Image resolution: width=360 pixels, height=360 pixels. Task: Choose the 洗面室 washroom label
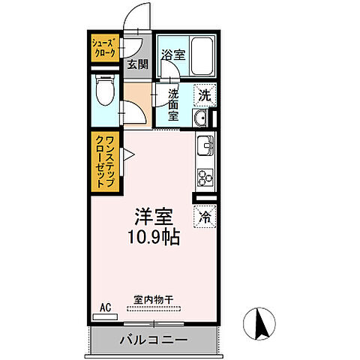tap(173, 106)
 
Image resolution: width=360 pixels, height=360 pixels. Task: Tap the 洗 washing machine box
tap(204, 95)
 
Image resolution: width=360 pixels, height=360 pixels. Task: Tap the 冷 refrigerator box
tap(204, 217)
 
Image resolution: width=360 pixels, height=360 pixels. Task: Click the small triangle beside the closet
tap(128, 155)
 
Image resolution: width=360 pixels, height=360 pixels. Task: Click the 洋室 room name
tap(153, 218)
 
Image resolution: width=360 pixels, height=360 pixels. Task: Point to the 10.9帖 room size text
tap(153, 240)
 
